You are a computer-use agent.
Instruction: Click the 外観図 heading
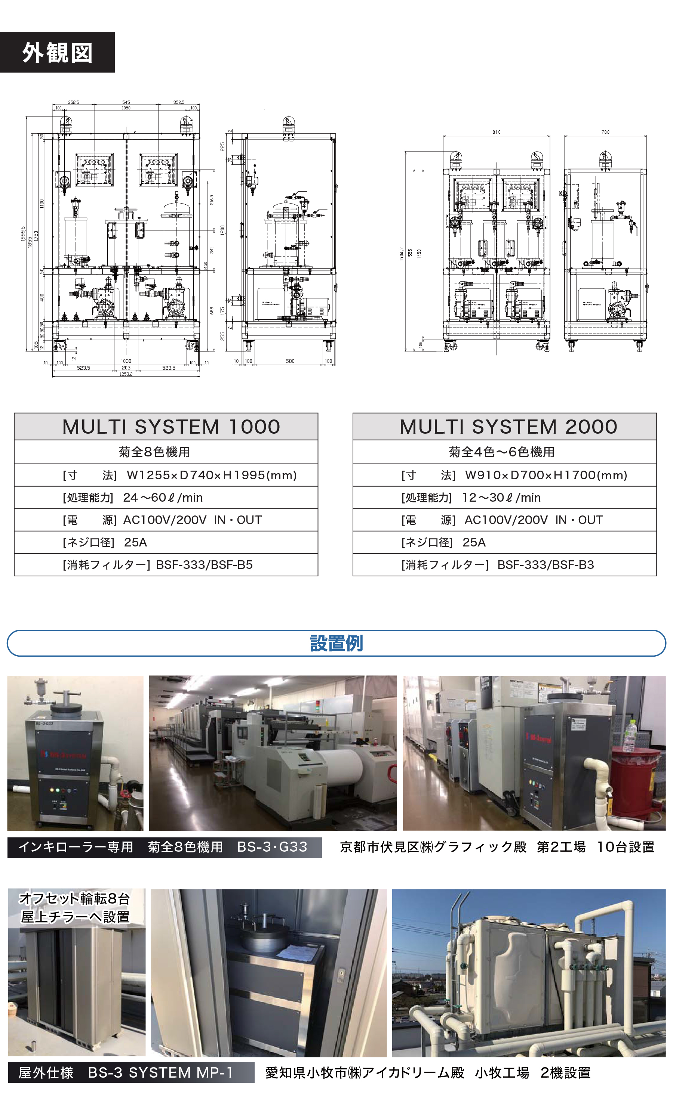point(57,53)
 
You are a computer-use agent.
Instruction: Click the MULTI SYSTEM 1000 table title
point(171,427)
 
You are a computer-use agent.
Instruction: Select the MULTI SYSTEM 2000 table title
point(508,427)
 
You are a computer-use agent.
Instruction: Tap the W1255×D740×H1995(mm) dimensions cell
point(211,475)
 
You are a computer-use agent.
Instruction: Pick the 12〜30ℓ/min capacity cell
point(501,497)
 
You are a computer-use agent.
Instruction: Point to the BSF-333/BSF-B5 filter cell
point(204,564)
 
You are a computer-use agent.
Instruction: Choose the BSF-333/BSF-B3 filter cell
point(545,564)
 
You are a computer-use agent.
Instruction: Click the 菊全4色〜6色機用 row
point(501,452)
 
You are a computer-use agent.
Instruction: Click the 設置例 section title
point(336,643)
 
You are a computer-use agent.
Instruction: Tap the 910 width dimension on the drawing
point(496,132)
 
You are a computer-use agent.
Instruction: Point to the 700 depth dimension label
point(605,132)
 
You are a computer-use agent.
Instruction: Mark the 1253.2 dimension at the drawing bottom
point(126,374)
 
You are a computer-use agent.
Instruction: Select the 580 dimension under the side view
point(290,361)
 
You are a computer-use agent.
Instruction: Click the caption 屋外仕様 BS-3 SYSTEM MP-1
point(126,1072)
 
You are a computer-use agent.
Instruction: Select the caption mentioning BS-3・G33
point(164,847)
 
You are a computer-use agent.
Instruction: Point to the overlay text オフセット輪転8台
point(75,898)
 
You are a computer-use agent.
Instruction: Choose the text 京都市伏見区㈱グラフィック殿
point(433,847)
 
